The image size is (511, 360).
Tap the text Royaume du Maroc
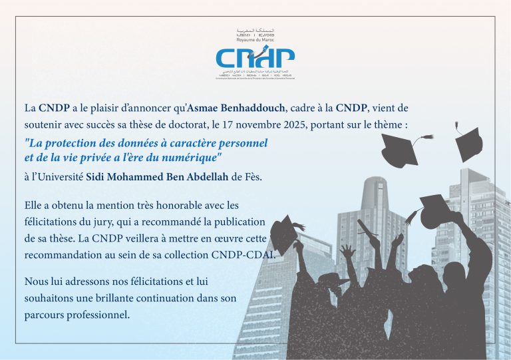coord(255,39)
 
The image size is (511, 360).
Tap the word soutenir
coord(44,123)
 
